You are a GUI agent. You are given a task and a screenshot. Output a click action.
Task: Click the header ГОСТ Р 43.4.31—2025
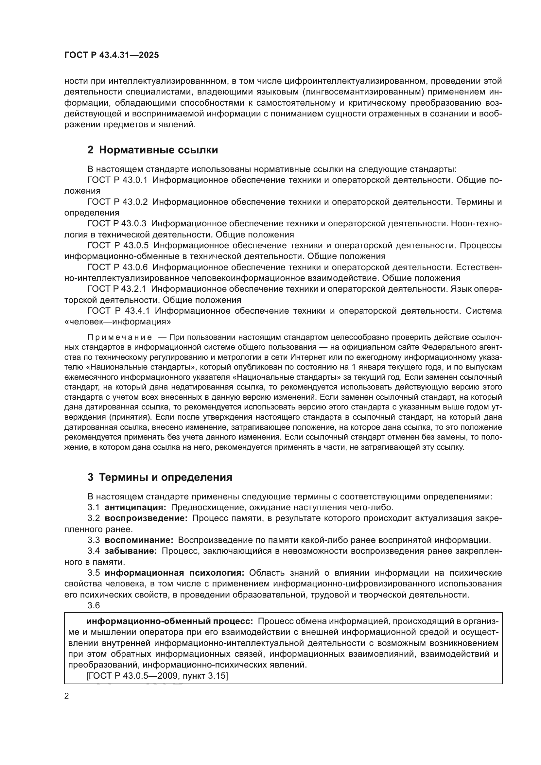point(112,55)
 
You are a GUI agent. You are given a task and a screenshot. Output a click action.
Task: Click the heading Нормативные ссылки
point(152,150)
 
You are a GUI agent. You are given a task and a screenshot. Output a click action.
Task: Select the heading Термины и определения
point(160,478)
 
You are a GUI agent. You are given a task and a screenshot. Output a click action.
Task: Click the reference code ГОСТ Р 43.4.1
point(118,311)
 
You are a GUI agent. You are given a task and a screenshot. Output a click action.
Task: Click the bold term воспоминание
point(139,540)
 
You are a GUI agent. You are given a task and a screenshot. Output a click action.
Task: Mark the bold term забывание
point(131,551)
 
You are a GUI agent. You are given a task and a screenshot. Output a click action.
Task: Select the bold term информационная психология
point(175,573)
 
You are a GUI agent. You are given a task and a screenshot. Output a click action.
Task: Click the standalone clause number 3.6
point(94,605)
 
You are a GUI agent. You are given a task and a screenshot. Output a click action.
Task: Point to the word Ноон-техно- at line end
point(476,224)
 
